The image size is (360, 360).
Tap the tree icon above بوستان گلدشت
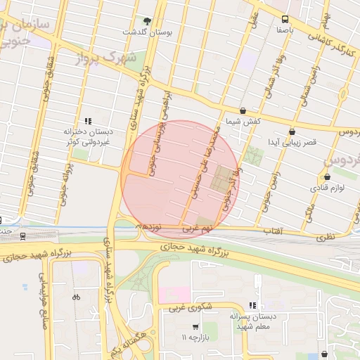[x=146, y=22]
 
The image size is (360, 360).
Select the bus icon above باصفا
[x=285, y=20]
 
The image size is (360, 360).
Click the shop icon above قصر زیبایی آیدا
[x=292, y=131]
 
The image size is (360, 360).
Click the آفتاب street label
[x=272, y=231]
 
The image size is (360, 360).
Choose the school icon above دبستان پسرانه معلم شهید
[x=252, y=306]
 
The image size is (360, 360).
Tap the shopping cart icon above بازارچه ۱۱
[x=195, y=327]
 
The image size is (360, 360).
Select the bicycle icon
[x=76, y=297]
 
